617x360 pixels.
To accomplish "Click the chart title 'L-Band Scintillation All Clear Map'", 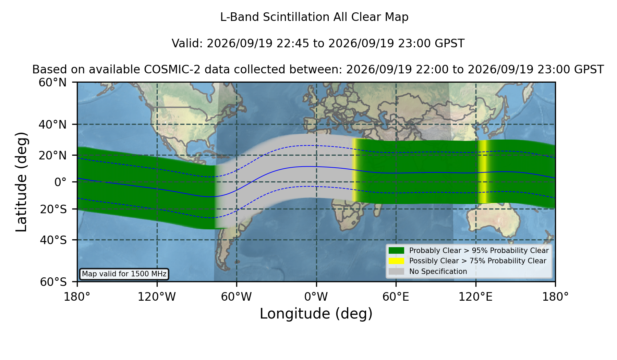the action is [x=314, y=17].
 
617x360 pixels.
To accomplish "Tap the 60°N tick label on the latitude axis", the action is [x=52, y=83].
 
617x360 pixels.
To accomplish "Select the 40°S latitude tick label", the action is [x=53, y=240].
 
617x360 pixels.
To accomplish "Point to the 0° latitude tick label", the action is [x=60, y=182].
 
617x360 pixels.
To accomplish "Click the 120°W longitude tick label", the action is [x=157, y=297].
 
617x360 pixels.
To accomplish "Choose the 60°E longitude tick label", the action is [x=396, y=297].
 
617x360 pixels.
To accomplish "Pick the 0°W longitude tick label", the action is [x=316, y=297].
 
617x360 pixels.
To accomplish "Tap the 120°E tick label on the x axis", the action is [x=475, y=297].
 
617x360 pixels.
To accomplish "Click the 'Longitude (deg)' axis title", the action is [x=316, y=314].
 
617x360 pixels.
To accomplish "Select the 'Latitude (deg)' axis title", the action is [x=21, y=182].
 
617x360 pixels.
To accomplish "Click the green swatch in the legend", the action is [x=397, y=250].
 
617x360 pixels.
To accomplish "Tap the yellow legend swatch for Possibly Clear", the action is [x=397, y=261].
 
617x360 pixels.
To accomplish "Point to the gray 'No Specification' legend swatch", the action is [x=397, y=271].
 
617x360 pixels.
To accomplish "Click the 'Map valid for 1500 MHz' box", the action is [x=124, y=274].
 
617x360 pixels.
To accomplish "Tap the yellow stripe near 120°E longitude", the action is [x=482, y=171].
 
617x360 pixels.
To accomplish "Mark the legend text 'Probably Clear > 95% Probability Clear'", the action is [x=479, y=251].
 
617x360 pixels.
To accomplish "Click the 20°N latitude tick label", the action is [x=52, y=155].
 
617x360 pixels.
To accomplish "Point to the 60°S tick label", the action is [x=53, y=282].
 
